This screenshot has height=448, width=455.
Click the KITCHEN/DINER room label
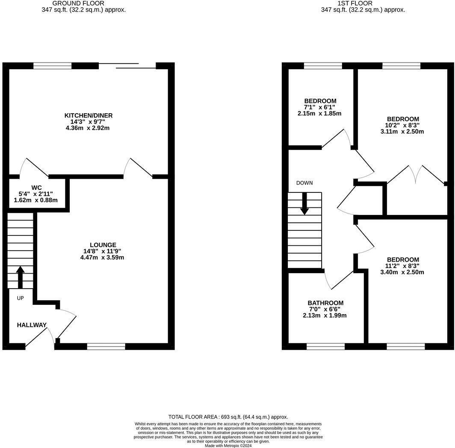(x=89, y=115)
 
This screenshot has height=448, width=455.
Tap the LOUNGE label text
(x=102, y=245)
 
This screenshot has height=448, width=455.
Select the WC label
(x=36, y=187)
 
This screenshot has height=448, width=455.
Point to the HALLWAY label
(x=32, y=325)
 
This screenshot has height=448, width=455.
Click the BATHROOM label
(x=325, y=303)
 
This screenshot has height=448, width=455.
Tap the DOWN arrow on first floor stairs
(x=304, y=203)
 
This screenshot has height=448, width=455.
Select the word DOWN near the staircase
(x=304, y=183)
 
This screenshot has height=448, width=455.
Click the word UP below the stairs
(x=21, y=298)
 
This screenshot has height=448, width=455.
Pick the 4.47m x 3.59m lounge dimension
(x=102, y=257)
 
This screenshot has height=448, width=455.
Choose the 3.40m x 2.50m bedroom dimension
(x=402, y=272)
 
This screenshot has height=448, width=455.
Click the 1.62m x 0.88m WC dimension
(x=36, y=200)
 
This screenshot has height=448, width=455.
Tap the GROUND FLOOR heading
(x=84, y=3)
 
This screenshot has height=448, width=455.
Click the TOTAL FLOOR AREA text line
(x=228, y=417)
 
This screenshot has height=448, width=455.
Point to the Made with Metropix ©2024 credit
(x=228, y=445)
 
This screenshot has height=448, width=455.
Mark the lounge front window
(x=106, y=346)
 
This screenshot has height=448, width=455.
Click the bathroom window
(x=325, y=346)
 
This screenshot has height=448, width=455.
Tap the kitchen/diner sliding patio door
(x=127, y=66)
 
